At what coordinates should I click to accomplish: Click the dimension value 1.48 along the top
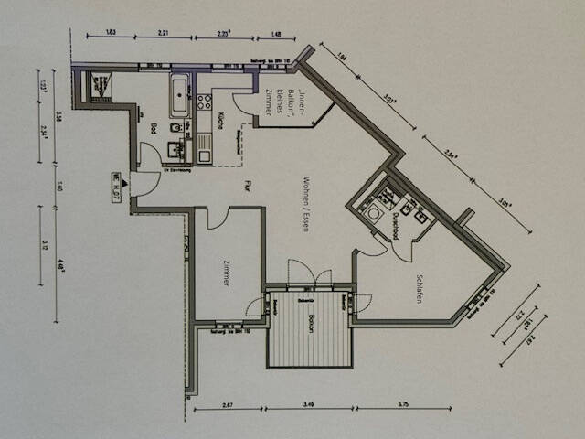pyautogui.click(x=277, y=33)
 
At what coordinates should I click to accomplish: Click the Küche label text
pyautogui.click(x=222, y=120)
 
